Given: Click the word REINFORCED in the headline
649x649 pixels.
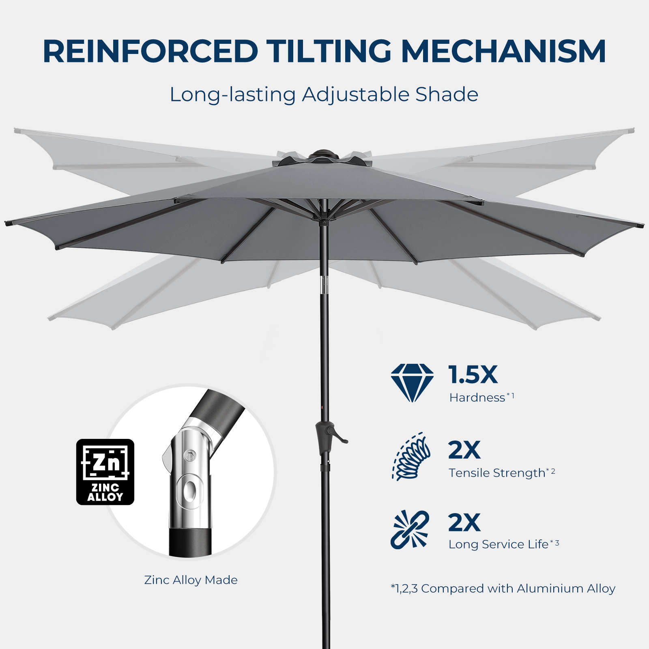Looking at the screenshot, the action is [150, 52].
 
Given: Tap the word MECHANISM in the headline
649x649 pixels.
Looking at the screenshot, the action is [503, 52].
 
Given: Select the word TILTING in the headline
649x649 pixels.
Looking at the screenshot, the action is [329, 52].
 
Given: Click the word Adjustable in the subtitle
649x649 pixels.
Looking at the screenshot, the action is [355, 95].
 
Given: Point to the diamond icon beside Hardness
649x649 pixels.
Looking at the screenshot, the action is [412, 383].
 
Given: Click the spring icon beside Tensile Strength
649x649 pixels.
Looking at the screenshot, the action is [411, 456].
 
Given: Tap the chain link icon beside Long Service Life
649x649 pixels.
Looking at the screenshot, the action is [410, 530].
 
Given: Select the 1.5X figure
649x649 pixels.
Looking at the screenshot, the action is [473, 374].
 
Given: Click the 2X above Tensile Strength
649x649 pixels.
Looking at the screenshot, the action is [464, 450].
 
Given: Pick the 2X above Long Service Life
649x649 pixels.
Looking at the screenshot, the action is [464, 522].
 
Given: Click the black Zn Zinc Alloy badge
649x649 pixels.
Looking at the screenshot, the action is [105, 472].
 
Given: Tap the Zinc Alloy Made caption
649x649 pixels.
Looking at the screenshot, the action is [191, 580].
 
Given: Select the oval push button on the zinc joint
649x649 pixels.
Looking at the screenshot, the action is [189, 490].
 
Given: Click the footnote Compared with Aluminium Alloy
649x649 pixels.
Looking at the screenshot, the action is [503, 589].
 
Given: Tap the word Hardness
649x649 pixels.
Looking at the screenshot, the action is [477, 398].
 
